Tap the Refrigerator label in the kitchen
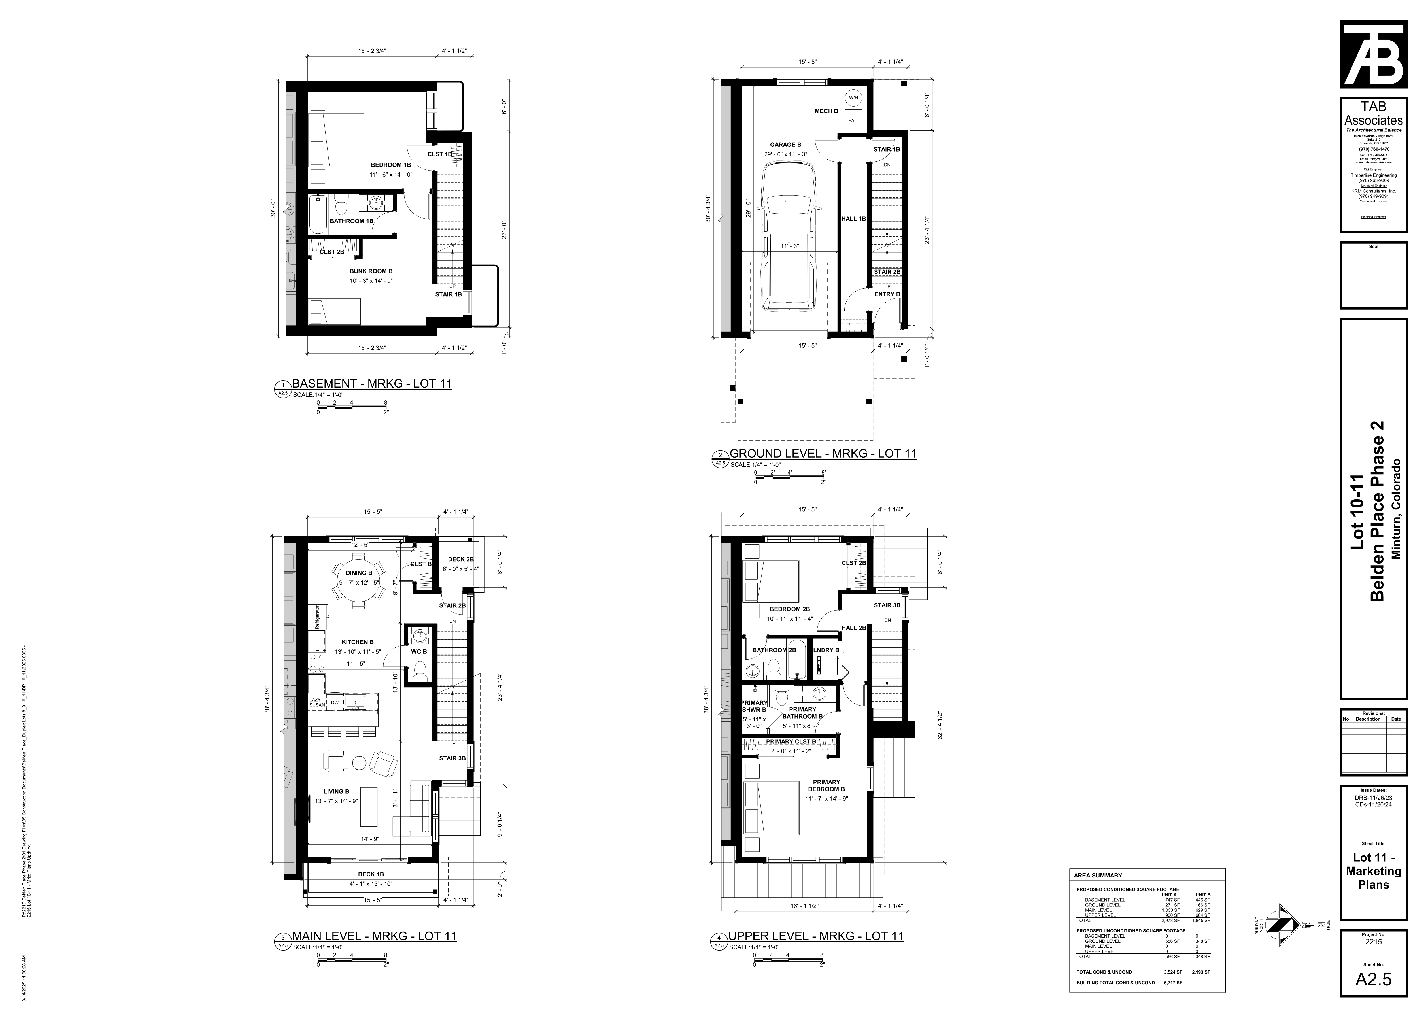click(317, 617)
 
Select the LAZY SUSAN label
click(317, 702)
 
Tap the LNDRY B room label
click(826, 650)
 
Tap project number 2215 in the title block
click(1373, 959)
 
